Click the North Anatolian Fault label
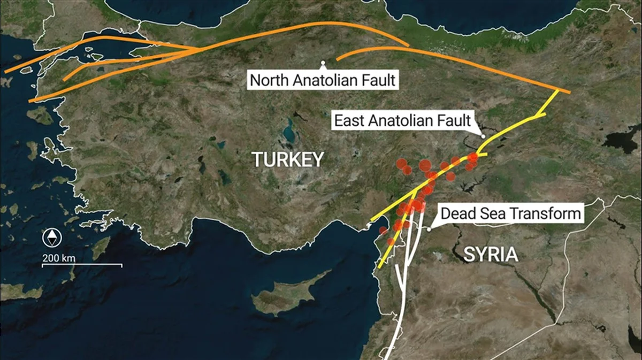(x=323, y=81)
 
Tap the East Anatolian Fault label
(x=402, y=120)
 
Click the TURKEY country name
(x=288, y=159)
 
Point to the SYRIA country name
(x=491, y=254)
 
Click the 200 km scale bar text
(x=59, y=258)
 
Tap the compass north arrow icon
(x=52, y=237)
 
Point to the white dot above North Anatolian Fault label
(x=323, y=63)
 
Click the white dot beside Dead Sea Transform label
(x=429, y=229)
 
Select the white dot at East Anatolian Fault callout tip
(x=483, y=136)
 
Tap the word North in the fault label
(x=270, y=81)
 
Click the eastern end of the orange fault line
(x=570, y=93)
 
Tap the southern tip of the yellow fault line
(x=379, y=267)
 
